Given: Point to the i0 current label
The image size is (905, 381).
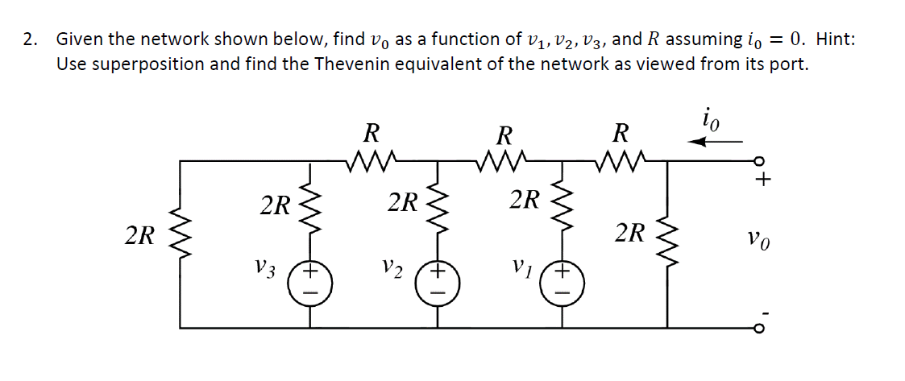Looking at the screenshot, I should coord(711,120).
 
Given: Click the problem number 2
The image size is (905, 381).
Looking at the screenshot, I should coord(29,39).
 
